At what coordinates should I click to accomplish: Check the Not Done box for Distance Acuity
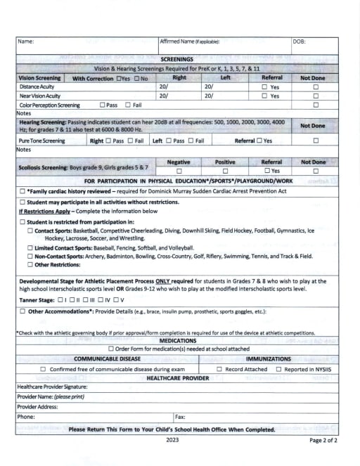tap(315, 86)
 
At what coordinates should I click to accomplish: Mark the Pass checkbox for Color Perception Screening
tap(100, 105)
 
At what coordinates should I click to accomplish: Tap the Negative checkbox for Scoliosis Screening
tap(179, 171)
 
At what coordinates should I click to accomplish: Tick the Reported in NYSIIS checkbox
tap(278, 369)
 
